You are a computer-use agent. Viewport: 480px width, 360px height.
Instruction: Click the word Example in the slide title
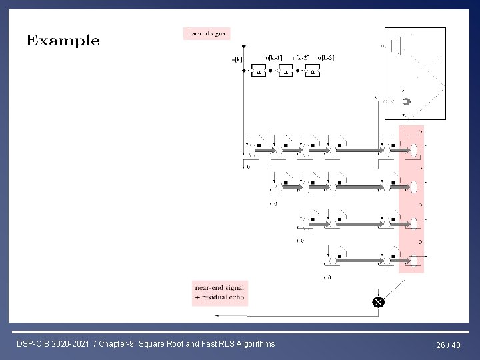pyautogui.click(x=63, y=41)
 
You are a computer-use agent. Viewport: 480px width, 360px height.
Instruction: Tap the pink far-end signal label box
pyautogui.click(x=207, y=32)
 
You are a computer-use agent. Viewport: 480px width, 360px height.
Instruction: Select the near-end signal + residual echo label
pyautogui.click(x=219, y=293)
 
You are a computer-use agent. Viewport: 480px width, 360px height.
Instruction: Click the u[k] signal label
pyautogui.click(x=237, y=59)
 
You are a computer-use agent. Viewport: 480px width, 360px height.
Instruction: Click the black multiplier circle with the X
pyautogui.click(x=378, y=302)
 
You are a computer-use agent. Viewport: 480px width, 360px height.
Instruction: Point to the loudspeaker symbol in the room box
pyautogui.click(x=397, y=45)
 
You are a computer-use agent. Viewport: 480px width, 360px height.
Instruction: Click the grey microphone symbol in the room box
pyautogui.click(x=406, y=101)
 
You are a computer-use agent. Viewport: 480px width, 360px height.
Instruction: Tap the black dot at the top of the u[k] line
pyautogui.click(x=244, y=46)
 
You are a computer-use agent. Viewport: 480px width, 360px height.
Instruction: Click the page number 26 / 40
pyautogui.click(x=448, y=345)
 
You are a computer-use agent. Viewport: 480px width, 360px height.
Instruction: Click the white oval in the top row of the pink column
pyautogui.click(x=413, y=151)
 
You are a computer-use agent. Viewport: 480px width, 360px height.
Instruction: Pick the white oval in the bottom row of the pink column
pyautogui.click(x=413, y=259)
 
